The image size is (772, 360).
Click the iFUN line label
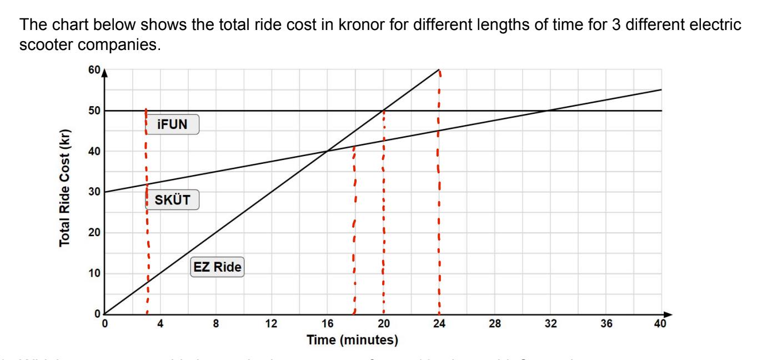tap(172, 126)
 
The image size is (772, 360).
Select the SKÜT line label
tap(172, 201)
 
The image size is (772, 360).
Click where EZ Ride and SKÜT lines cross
tap(327, 151)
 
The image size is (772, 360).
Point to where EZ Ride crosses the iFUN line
tap(383, 111)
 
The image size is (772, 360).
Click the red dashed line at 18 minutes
tap(354, 233)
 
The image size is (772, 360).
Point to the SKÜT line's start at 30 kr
tap(105, 192)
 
